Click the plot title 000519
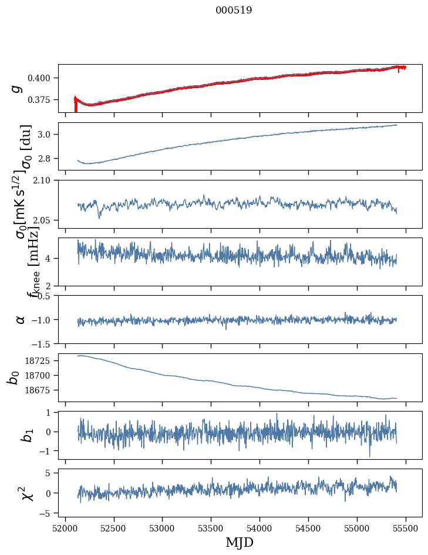pyautogui.click(x=234, y=11)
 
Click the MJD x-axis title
pyautogui.click(x=240, y=542)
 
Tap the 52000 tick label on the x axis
pyautogui.click(x=65, y=529)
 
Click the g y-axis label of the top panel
pyautogui.click(x=17, y=88)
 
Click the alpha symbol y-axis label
pyautogui.click(x=21, y=319)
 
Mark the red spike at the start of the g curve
pyautogui.click(x=75, y=105)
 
